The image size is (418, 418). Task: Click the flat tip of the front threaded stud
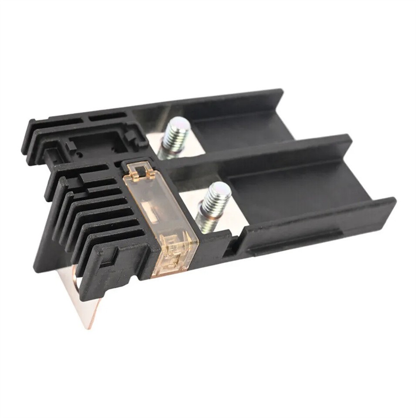click(x=220, y=190)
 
